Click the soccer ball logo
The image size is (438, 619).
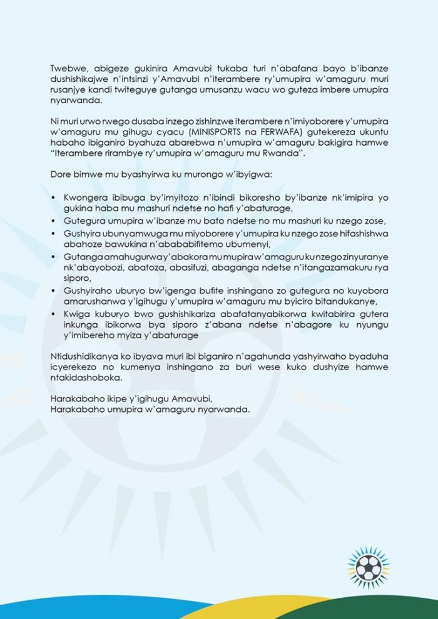369,567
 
